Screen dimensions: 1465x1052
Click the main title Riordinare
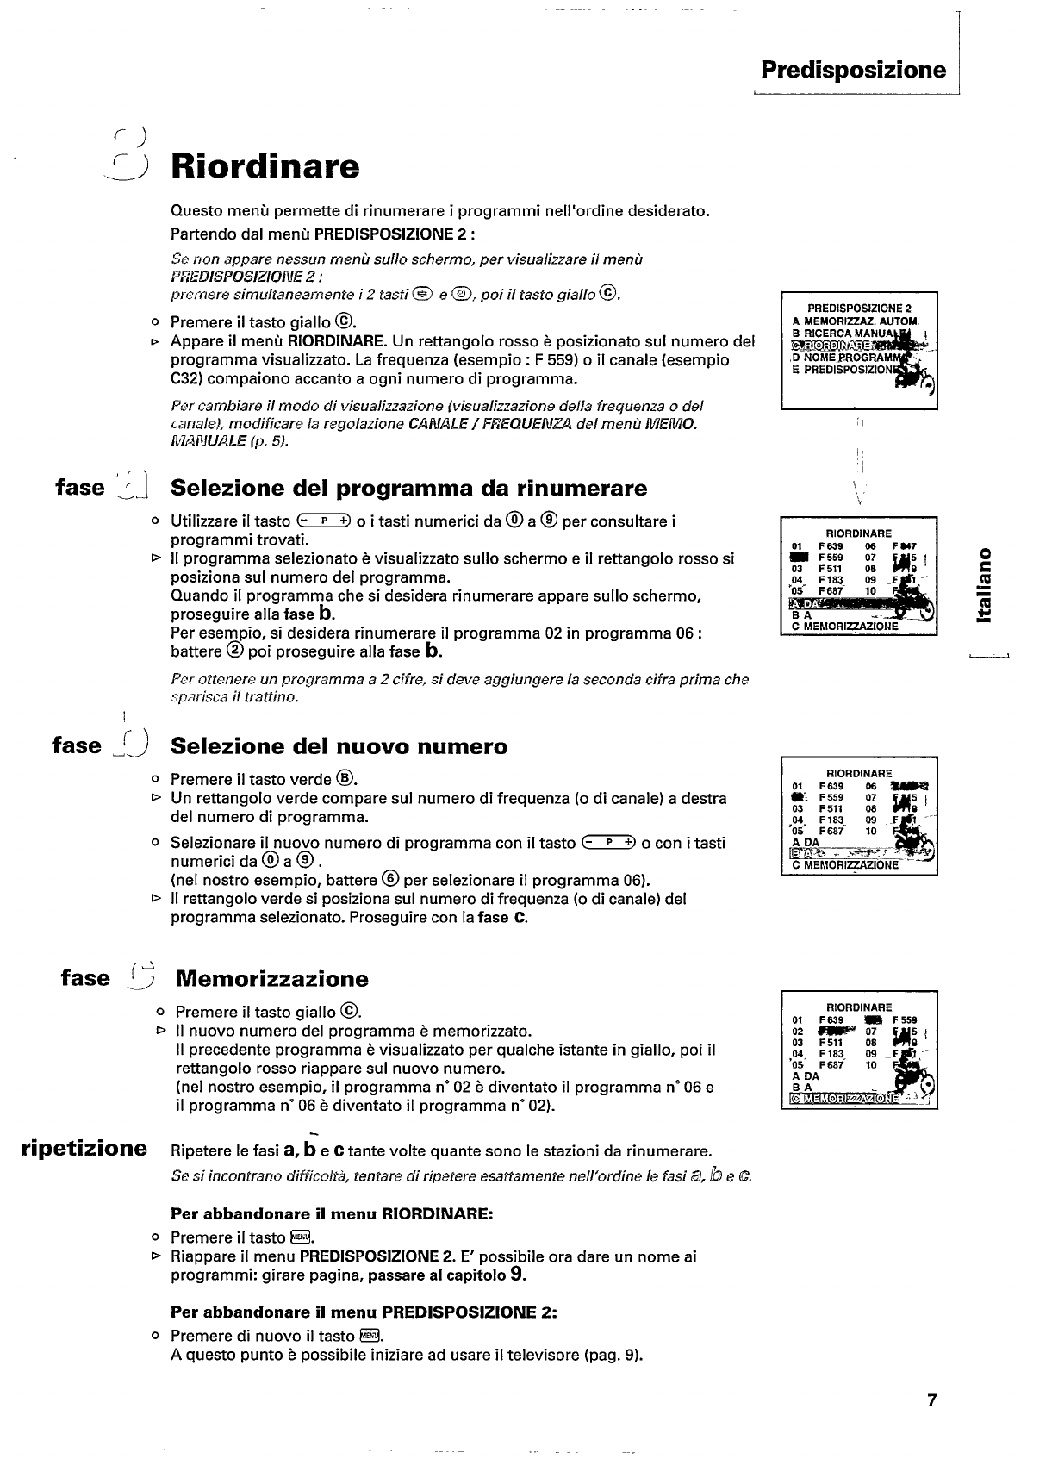pos(265,166)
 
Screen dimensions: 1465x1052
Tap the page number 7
pos(931,1400)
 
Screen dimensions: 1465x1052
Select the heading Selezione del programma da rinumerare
pos(408,489)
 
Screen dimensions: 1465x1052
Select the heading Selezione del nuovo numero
pos(339,746)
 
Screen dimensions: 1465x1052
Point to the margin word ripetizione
pos(84,1149)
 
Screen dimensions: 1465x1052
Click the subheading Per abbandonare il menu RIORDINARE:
pos(332,1214)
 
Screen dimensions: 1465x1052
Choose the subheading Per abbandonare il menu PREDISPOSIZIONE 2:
pos(364,1312)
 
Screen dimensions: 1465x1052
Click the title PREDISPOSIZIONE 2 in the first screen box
pos(859,308)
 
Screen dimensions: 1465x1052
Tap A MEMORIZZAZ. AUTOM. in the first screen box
pos(856,321)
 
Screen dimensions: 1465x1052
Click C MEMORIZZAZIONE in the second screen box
pos(844,627)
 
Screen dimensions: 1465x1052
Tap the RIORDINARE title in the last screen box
pos(859,1007)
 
